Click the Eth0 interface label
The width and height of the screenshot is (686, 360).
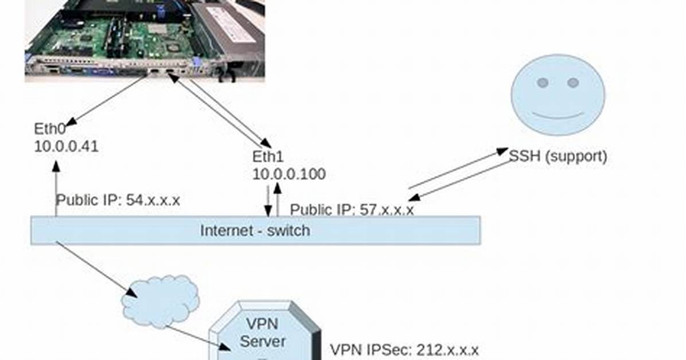tap(49, 128)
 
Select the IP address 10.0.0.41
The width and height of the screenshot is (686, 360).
tap(67, 146)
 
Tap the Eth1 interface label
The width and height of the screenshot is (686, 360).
tap(268, 156)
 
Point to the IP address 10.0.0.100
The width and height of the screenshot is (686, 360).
tap(289, 174)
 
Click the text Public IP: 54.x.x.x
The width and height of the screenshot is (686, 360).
tap(118, 200)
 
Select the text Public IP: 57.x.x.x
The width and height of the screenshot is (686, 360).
tap(352, 210)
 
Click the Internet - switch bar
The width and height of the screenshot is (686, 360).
tap(255, 230)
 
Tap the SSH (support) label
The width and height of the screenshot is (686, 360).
tap(558, 156)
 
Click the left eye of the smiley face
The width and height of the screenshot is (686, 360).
tap(543, 83)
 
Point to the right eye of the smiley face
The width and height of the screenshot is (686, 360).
tap(573, 83)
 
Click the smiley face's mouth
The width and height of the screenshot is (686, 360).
tap(558, 116)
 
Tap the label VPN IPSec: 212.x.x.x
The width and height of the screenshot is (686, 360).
tap(404, 350)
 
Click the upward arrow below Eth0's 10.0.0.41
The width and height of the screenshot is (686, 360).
tap(56, 189)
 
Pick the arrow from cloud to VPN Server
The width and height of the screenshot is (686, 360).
tap(198, 338)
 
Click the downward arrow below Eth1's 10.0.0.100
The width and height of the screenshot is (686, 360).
tap(268, 201)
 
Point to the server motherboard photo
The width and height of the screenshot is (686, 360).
tap(145, 41)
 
